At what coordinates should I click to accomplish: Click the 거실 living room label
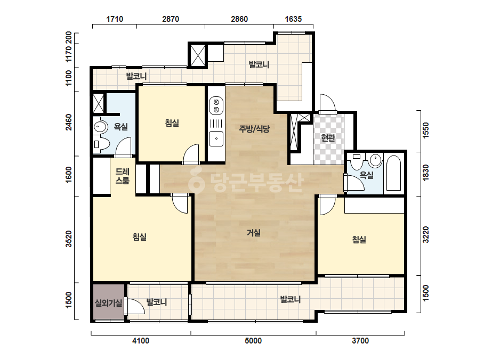pos(254,233)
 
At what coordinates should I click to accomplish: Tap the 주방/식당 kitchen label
pos(254,128)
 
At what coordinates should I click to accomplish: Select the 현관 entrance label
pos(328,138)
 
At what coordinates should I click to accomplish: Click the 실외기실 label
pos(109,303)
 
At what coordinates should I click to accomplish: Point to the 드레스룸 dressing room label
pos(123,176)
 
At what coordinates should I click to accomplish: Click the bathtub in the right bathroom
pos(393,173)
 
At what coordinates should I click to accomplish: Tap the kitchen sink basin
pos(216,138)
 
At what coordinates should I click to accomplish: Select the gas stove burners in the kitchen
pos(216,105)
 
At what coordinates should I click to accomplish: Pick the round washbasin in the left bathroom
pos(100,127)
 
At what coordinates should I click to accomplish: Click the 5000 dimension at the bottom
pos(253,340)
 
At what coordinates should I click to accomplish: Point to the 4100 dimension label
pos(141,340)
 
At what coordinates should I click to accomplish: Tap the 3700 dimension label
pos(360,340)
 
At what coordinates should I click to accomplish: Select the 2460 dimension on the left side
pos(69,122)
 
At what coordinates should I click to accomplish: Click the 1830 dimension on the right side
pos(425,173)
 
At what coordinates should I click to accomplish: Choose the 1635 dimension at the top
pos(293,19)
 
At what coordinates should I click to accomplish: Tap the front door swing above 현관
pos(327,103)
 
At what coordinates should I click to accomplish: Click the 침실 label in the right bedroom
pos(359,240)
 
